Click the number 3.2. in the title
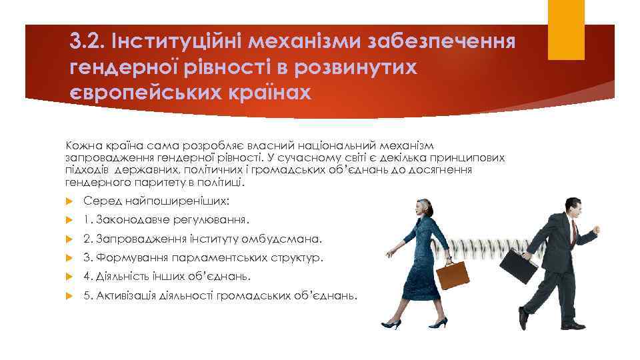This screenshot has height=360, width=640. pyautogui.click(x=88, y=43)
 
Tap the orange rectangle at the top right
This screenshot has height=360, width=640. pyautogui.click(x=565, y=29)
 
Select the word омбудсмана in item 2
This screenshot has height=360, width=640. pyautogui.click(x=289, y=238)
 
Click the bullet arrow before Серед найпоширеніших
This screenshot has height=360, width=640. pyautogui.click(x=69, y=201)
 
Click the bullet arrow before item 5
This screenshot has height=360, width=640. pyautogui.click(x=69, y=295)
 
